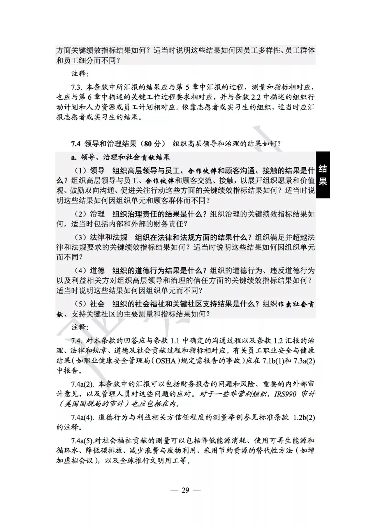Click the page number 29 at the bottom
coord(185,490)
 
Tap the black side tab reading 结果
coord(323,175)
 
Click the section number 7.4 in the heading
coord(76,144)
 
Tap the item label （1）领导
coord(90,170)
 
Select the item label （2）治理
coord(90,214)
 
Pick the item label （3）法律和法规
coord(101,237)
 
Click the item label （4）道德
coord(90,271)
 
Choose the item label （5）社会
coord(90,304)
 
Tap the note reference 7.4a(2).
coord(82,384)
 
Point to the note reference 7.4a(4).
coord(82,417)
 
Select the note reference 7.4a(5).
coord(82,441)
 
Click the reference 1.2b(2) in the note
coord(304,417)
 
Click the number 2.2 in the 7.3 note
coord(256,97)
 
